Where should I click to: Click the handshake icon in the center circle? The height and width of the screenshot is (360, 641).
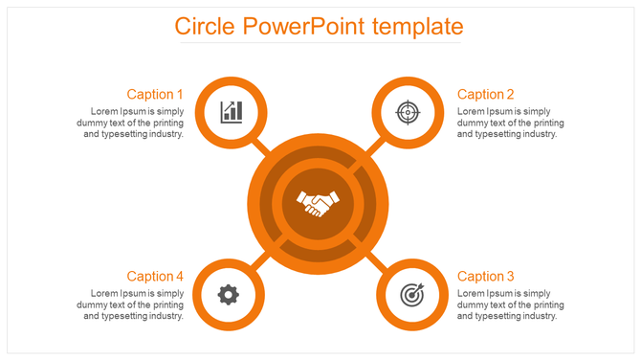click(319, 201)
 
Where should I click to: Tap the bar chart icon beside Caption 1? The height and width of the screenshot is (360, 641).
click(231, 112)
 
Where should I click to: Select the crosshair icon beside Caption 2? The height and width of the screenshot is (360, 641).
click(408, 112)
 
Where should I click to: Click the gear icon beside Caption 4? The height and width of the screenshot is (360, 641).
click(228, 294)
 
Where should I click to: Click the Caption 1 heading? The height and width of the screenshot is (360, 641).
click(155, 94)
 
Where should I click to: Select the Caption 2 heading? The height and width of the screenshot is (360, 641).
click(486, 94)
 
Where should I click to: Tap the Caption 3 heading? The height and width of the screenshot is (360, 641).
click(486, 276)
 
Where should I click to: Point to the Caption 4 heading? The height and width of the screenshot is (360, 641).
click(155, 276)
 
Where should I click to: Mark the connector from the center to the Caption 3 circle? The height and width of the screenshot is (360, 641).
click(376, 260)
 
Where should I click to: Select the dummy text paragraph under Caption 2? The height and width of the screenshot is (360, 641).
click(511, 123)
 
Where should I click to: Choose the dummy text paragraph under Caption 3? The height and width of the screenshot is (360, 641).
click(511, 304)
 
